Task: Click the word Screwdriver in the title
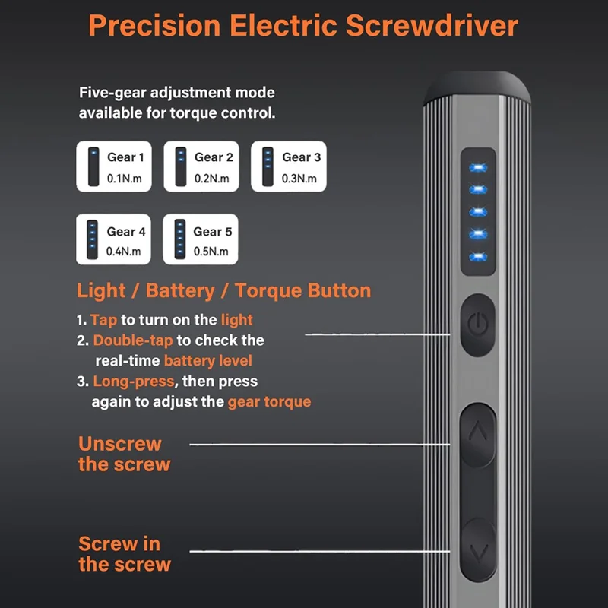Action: pos(432,25)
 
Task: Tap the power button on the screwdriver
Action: pos(477,325)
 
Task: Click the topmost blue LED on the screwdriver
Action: pos(477,167)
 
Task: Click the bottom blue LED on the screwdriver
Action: pos(477,256)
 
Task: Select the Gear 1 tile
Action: pos(114,166)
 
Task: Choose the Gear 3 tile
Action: pos(289,166)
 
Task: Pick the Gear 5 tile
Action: pos(201,240)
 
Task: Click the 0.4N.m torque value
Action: pos(125,252)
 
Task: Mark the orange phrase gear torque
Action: pos(269,401)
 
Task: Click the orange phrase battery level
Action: pos(207,360)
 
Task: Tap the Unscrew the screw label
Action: pos(124,454)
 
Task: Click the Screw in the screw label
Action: pos(124,554)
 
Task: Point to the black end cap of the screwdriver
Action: pos(477,88)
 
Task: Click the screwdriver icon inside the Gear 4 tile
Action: pos(93,240)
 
